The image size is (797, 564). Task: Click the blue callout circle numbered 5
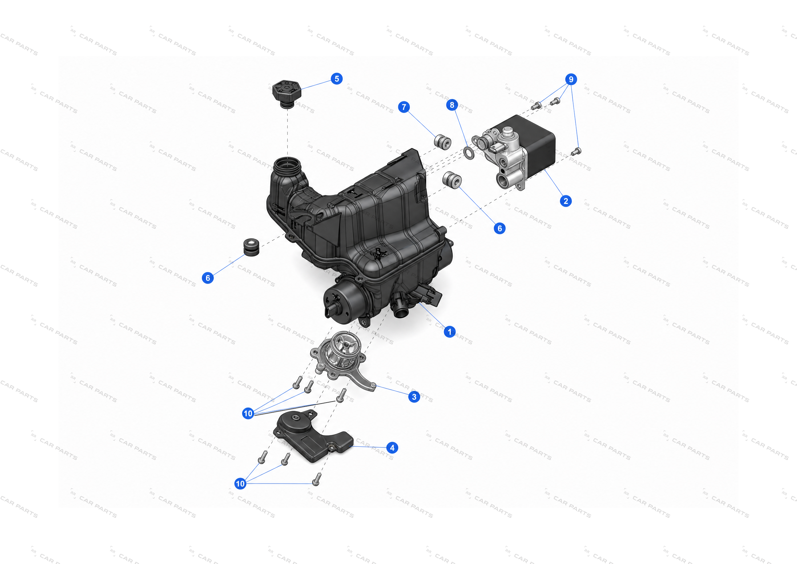pos(337,78)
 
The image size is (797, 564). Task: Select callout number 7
pos(404,107)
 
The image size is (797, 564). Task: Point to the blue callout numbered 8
pos(452,105)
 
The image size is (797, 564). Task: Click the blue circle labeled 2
pos(566,201)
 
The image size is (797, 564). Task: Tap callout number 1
pos(450,332)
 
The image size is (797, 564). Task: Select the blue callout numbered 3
pos(414,397)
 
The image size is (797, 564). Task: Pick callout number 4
pos(392,448)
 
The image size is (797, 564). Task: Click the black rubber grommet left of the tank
pos(251,247)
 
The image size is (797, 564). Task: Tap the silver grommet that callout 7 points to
pos(443,142)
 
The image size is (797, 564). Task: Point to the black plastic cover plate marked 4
pos(312,436)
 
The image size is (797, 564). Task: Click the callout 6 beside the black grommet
pos(208,278)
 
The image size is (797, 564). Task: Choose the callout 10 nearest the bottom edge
pos(240,483)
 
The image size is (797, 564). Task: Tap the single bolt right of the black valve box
pos(576,151)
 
